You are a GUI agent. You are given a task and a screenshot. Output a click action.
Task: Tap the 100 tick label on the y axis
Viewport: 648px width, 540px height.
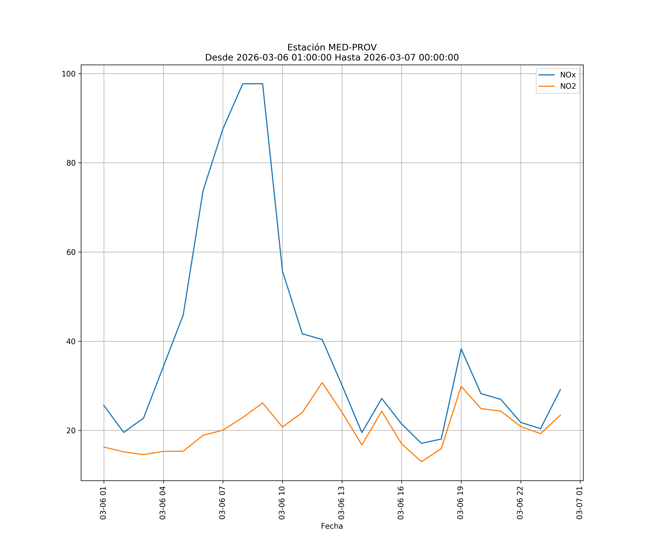click(x=69, y=74)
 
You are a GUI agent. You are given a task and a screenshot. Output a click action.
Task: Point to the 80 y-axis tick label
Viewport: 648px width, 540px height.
click(x=71, y=163)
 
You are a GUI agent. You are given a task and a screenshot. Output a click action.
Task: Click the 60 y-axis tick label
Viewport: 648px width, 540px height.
click(x=71, y=252)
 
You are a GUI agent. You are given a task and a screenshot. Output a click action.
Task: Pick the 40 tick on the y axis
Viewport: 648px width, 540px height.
click(x=71, y=341)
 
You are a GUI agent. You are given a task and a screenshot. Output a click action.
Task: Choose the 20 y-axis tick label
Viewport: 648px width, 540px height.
click(x=71, y=430)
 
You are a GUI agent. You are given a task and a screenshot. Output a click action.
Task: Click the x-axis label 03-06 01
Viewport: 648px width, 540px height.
click(x=103, y=503)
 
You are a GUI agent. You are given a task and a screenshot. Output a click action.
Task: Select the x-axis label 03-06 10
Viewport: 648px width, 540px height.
click(x=282, y=503)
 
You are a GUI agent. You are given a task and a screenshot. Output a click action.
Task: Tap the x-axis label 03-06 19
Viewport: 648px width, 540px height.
click(x=460, y=503)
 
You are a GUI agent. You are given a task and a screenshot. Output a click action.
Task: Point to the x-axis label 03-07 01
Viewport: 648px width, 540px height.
click(x=579, y=503)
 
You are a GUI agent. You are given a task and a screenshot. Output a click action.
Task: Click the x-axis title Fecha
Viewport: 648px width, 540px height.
click(x=332, y=526)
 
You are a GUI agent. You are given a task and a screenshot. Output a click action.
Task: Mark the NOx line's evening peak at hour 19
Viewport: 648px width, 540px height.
click(x=461, y=349)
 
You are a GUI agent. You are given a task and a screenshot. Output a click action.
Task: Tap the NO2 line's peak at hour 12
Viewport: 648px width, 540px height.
click(x=322, y=383)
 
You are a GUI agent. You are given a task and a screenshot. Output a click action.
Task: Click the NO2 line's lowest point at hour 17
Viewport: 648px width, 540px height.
click(x=422, y=462)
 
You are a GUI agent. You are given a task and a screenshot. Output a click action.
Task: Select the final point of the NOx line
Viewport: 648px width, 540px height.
click(x=560, y=389)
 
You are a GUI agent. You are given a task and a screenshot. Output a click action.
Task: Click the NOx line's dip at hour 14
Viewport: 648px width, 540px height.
click(x=362, y=433)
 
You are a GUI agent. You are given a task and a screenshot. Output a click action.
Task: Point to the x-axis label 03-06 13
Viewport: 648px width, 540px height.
click(x=341, y=503)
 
